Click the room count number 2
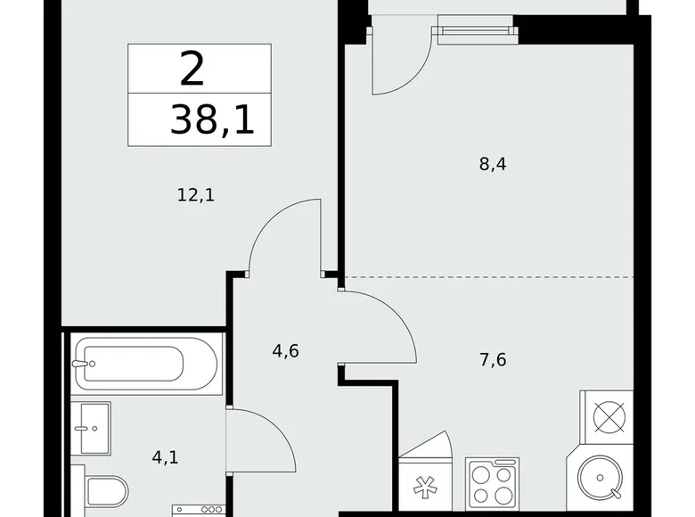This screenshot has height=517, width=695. click(192, 69)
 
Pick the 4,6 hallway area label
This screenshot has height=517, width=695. click(285, 350)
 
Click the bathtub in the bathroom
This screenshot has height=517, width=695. click(145, 362)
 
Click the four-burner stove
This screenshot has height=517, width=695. click(492, 484)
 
